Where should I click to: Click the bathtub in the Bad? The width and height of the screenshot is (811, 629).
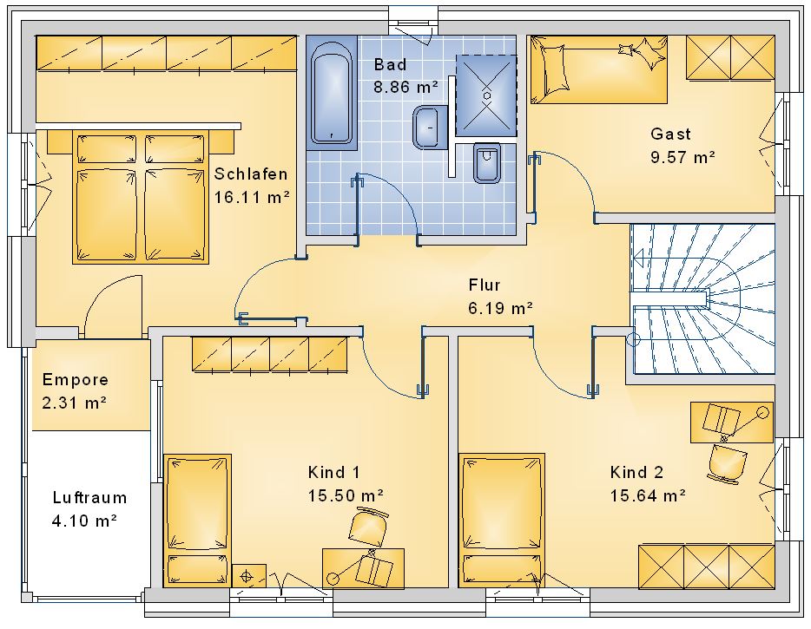click(x=332, y=93)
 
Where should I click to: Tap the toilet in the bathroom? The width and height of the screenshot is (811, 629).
click(x=487, y=163)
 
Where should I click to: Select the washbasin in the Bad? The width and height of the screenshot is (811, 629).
click(x=429, y=128)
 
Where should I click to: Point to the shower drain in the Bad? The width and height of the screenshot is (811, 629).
click(x=487, y=95)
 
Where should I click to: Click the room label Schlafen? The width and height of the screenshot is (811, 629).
click(x=251, y=174)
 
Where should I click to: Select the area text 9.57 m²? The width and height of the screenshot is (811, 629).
click(x=682, y=157)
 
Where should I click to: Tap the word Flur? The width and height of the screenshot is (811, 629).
click(x=485, y=285)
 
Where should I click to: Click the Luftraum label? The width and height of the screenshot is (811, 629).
click(x=89, y=498)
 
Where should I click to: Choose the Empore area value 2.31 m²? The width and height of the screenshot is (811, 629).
click(x=74, y=403)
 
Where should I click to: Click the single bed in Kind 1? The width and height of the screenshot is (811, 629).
click(x=197, y=521)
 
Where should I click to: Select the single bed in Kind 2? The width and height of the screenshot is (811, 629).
click(x=502, y=521)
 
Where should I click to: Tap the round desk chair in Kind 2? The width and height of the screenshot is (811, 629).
click(x=728, y=463)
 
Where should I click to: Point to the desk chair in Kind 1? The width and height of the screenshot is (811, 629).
click(x=368, y=526)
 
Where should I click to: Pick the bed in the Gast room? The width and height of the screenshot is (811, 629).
click(x=599, y=69)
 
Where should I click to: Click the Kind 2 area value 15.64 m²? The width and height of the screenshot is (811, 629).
click(x=648, y=496)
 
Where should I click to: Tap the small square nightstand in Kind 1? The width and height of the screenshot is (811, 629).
click(x=249, y=575)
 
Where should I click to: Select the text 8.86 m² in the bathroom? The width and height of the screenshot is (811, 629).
click(x=406, y=87)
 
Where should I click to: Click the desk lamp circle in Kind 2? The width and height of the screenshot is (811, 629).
click(x=762, y=412)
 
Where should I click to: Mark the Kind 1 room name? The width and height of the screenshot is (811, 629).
click(x=333, y=472)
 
